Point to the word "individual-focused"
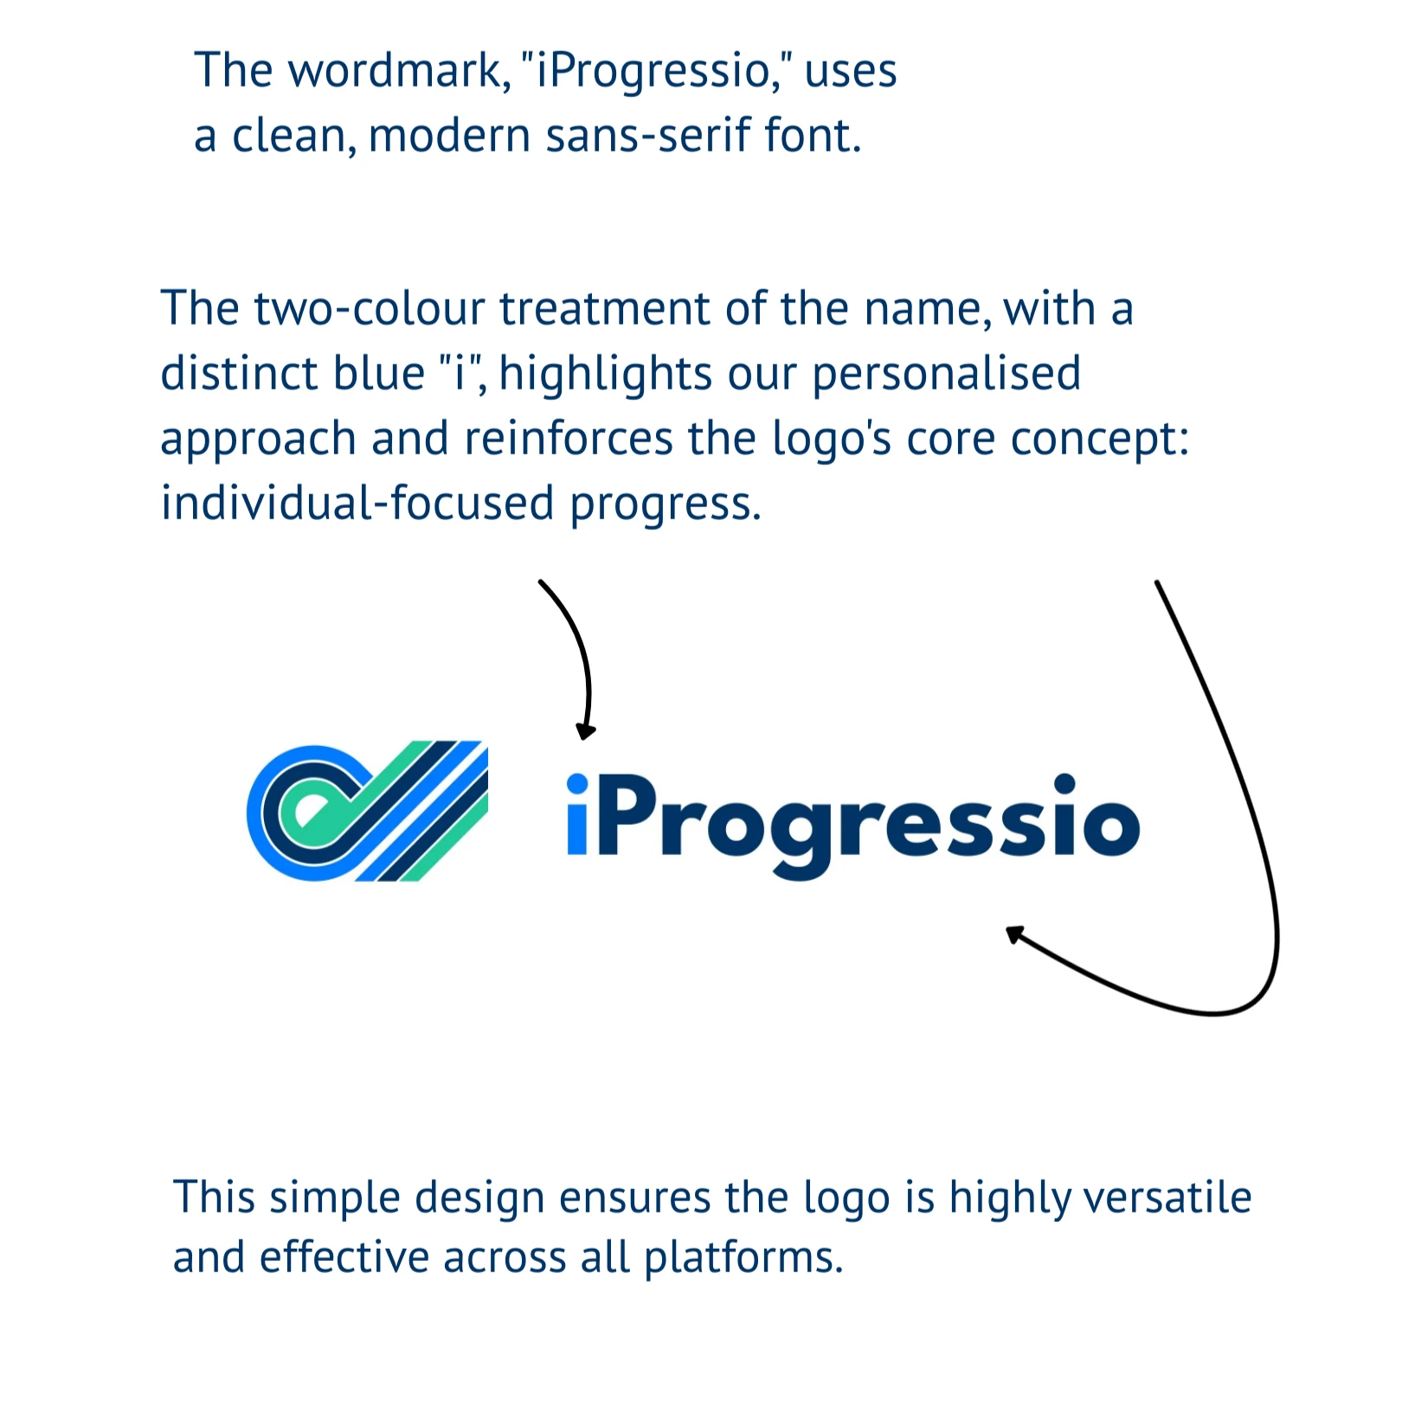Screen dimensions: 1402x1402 (357, 503)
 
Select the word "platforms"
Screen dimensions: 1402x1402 (743, 1259)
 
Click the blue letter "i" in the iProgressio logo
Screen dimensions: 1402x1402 (577, 814)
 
